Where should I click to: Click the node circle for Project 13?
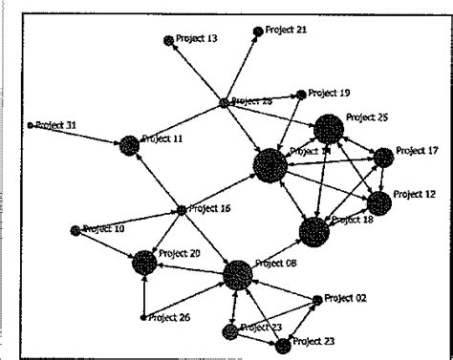(169, 40)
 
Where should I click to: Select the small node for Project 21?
(257, 32)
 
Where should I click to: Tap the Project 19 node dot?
(301, 95)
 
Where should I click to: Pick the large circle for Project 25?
(328, 128)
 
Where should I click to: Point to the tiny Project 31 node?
(31, 125)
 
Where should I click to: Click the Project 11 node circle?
(129, 145)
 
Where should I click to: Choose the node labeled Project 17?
(383, 157)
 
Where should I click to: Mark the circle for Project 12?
(379, 202)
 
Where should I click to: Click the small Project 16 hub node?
(181, 209)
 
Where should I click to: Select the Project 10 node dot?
(75, 230)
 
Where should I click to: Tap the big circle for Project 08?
(237, 277)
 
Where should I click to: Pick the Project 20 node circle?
(144, 262)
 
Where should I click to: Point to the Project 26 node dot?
(144, 317)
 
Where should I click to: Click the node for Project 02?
(318, 300)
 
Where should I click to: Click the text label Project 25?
(367, 117)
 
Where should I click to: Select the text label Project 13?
(198, 39)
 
